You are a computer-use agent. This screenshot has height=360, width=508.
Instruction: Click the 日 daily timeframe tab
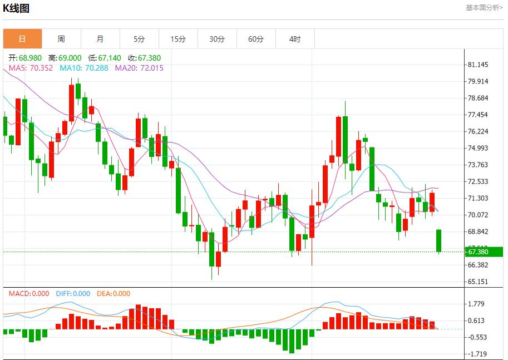click(x=22, y=39)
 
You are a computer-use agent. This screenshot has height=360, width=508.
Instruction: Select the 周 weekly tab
click(x=61, y=39)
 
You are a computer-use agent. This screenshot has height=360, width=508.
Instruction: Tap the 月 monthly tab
click(x=100, y=39)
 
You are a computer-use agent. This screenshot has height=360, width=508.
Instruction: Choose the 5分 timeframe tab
click(x=139, y=39)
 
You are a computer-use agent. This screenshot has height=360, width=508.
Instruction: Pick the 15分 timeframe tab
click(x=178, y=39)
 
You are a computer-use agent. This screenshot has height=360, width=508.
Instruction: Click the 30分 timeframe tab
click(x=217, y=39)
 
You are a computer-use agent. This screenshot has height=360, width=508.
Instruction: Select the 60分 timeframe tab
click(x=256, y=39)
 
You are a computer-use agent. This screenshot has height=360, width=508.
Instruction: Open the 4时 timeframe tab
click(x=295, y=39)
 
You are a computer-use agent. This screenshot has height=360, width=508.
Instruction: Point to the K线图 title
click(x=16, y=8)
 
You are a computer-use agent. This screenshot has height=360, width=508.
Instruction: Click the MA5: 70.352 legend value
click(x=31, y=68)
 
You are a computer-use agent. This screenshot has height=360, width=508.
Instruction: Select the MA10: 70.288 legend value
click(x=85, y=68)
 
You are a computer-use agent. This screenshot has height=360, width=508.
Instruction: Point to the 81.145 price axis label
click(x=479, y=65)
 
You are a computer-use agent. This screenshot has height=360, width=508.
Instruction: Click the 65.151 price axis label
click(x=479, y=282)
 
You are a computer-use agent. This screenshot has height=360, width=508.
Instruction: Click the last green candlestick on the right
click(x=439, y=240)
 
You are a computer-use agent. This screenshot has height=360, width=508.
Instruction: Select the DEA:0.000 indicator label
click(x=114, y=294)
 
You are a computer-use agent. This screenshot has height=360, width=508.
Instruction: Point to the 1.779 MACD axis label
click(x=477, y=304)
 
